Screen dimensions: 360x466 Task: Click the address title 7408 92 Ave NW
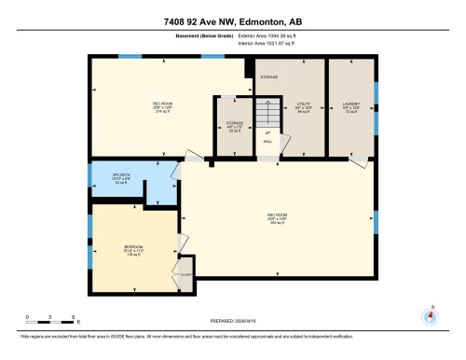pos(232,21)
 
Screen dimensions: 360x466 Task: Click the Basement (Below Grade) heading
pos(201,36)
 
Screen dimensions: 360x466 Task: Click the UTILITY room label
pos(303,105)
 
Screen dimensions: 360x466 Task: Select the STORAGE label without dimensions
pos(268,76)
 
